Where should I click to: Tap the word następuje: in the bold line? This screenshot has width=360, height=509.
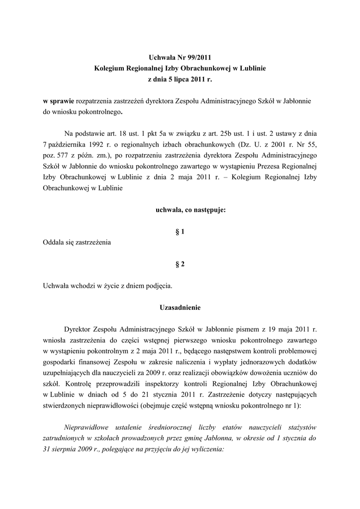(208, 210)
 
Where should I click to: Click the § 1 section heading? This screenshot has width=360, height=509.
(180, 232)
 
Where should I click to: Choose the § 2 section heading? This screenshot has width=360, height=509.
(180, 264)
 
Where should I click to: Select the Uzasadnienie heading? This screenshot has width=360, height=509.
(180, 308)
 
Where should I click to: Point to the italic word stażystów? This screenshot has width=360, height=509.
(298, 427)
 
